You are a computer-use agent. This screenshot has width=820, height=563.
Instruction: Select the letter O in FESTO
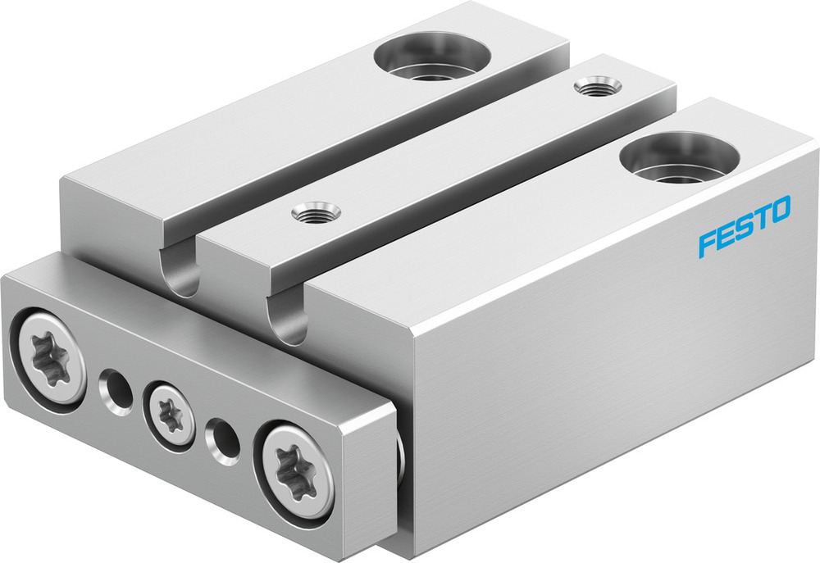[x=779, y=210]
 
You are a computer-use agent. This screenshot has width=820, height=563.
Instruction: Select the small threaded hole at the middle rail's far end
[x=589, y=85]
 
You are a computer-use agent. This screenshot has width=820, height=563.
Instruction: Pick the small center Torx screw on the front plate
[x=170, y=414]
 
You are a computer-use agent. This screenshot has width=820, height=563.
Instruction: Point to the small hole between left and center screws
[x=115, y=388]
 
